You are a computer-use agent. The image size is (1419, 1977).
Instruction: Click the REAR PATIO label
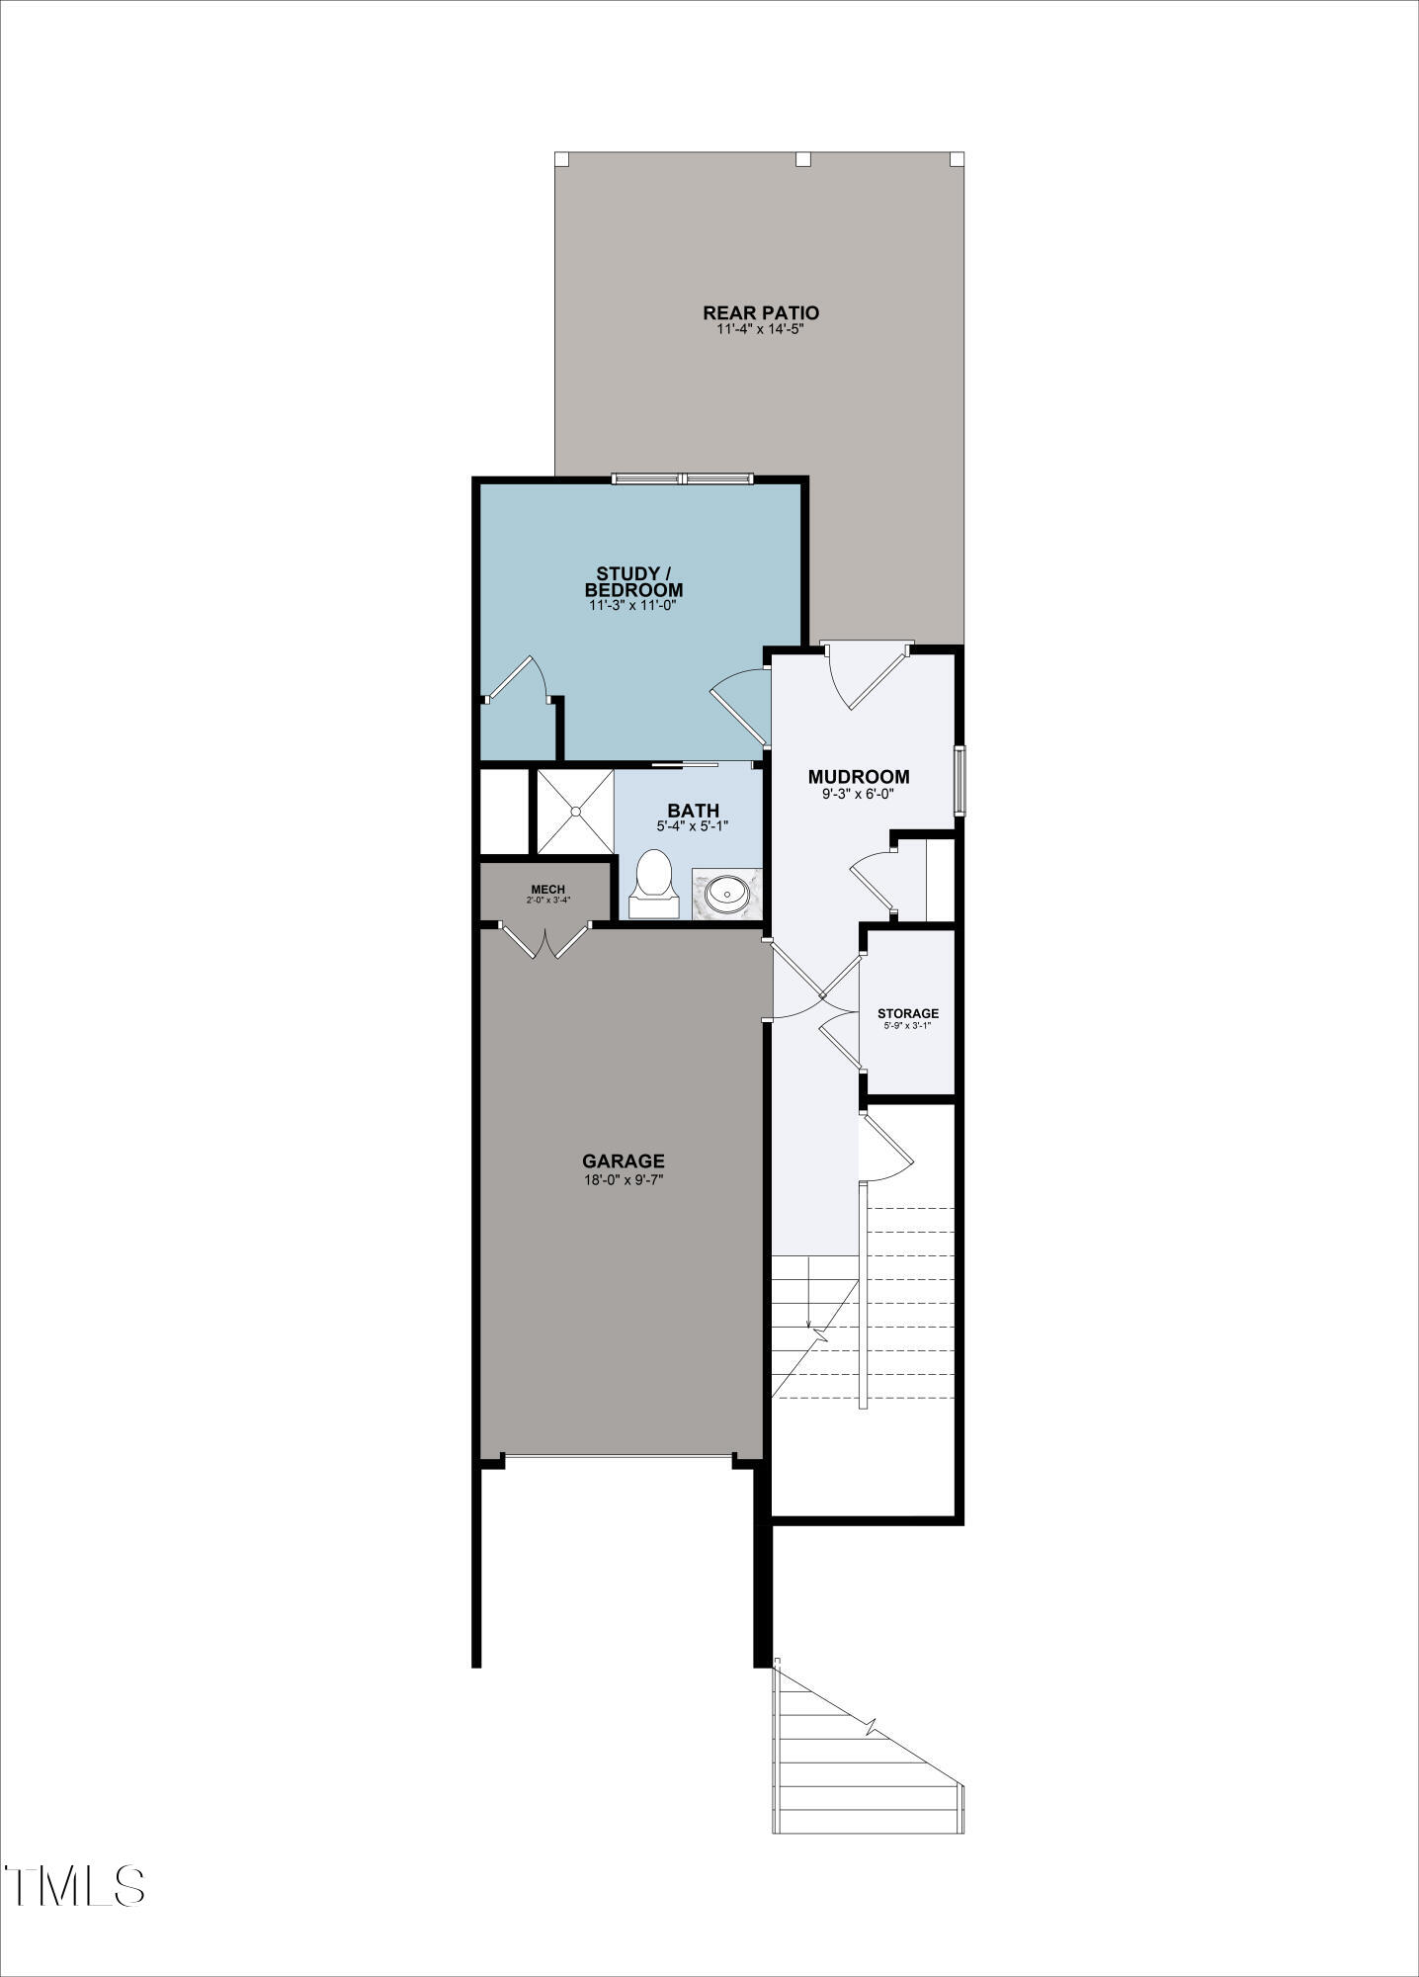(761, 312)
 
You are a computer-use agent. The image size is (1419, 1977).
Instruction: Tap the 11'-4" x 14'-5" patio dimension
(761, 329)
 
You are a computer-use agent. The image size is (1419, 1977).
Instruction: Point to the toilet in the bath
(653, 885)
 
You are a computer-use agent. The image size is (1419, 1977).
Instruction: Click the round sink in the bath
(727, 895)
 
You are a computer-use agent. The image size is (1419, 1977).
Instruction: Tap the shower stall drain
(574, 811)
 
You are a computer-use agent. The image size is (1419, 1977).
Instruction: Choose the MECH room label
(548, 890)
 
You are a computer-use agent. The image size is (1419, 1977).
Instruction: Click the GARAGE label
(624, 1161)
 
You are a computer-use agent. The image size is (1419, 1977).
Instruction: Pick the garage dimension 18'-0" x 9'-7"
(624, 1179)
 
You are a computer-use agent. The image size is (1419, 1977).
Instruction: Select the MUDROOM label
(859, 777)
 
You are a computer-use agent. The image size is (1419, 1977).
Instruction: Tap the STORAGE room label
(908, 1013)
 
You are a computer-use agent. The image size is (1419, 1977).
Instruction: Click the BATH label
(693, 812)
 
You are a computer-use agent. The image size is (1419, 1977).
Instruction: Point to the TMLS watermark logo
(74, 1886)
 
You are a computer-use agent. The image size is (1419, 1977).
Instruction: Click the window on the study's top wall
(683, 479)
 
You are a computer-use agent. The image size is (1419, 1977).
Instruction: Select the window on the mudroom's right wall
(960, 781)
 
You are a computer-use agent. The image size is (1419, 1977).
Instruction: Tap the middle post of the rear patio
(803, 159)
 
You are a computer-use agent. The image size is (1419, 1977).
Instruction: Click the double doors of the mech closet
(544, 940)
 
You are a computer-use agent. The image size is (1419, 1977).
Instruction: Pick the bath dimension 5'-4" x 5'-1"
(693, 826)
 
